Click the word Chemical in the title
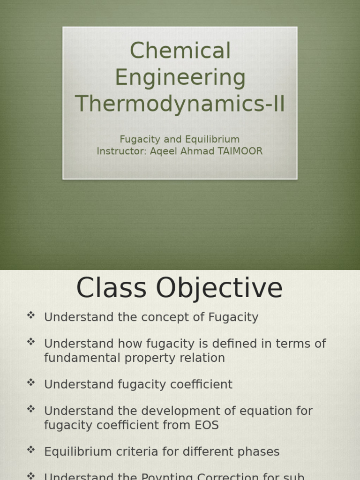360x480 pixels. click(x=180, y=51)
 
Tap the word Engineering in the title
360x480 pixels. click(x=180, y=77)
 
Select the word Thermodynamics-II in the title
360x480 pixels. click(x=180, y=104)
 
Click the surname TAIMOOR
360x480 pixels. click(x=238, y=151)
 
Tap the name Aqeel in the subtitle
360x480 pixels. click(x=162, y=151)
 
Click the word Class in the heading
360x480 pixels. click(x=111, y=288)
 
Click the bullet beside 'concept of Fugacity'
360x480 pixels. click(x=31, y=315)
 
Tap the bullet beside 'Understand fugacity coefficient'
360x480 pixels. click(x=31, y=382)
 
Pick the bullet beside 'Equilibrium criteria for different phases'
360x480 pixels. click(x=31, y=450)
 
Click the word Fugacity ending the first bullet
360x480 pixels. click(x=233, y=317)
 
